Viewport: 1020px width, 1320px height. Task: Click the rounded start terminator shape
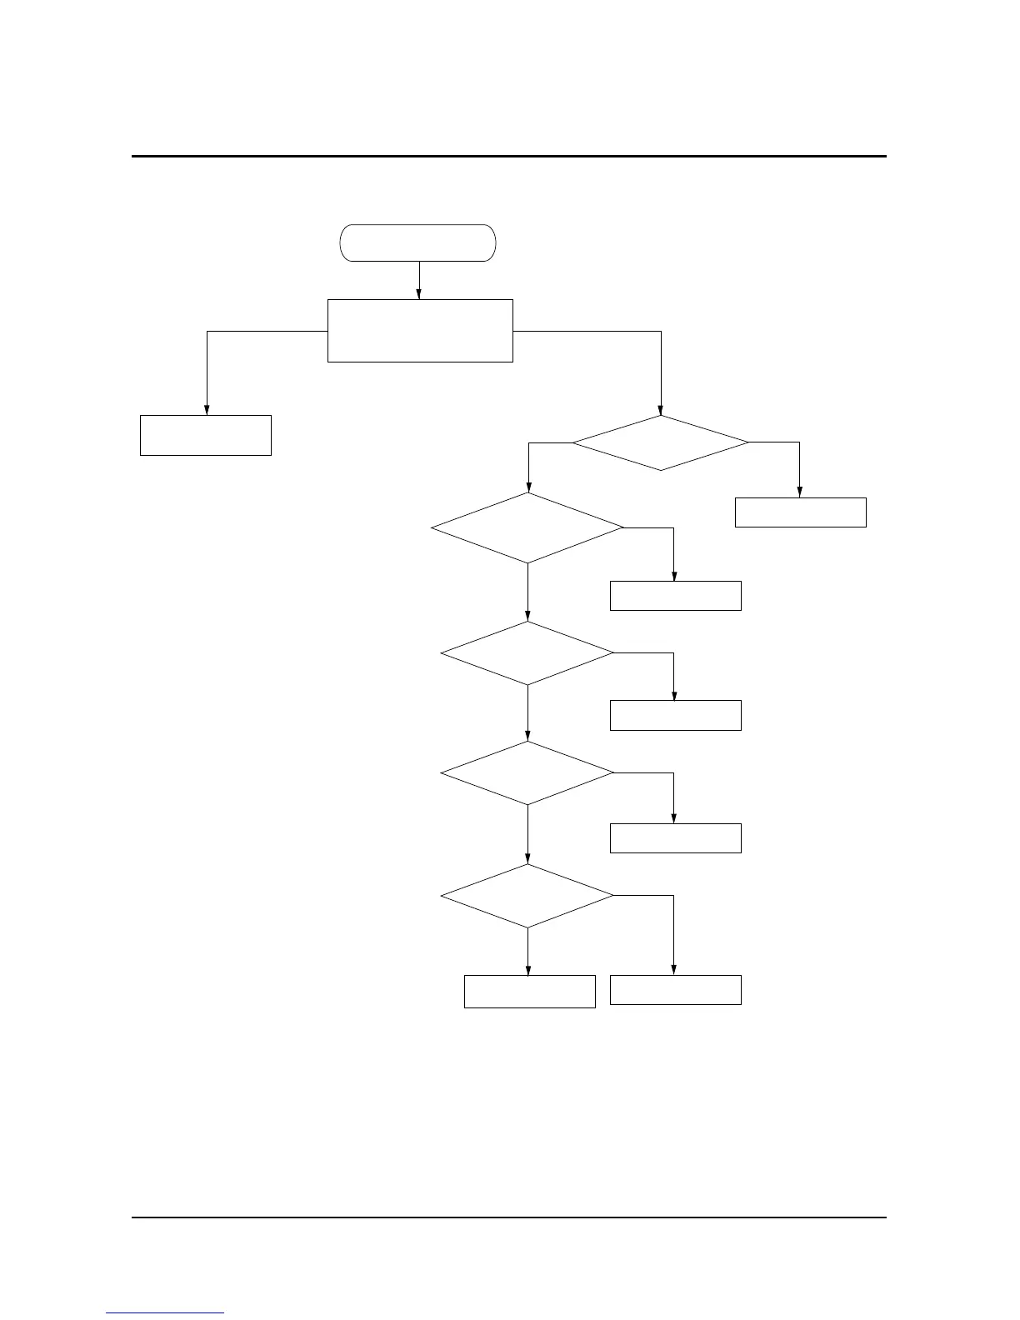click(x=417, y=242)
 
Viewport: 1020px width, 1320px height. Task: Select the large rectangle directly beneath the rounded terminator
click(x=420, y=330)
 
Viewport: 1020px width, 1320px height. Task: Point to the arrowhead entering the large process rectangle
click(x=418, y=293)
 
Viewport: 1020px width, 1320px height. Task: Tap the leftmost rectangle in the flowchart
click(x=205, y=435)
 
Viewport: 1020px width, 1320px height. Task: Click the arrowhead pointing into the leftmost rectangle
click(x=207, y=409)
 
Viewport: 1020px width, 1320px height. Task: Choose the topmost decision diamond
click(x=660, y=442)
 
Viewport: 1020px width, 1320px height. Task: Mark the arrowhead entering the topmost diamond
click(x=660, y=410)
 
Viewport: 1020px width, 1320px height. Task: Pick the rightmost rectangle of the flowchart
click(x=800, y=512)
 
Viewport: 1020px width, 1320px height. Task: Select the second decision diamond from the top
click(x=527, y=527)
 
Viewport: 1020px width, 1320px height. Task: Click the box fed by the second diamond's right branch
click(x=675, y=596)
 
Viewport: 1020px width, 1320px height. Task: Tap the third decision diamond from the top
click(x=527, y=653)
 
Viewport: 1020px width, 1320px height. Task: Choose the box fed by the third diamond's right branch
click(x=675, y=716)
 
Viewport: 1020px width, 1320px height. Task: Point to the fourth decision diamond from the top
click(x=527, y=773)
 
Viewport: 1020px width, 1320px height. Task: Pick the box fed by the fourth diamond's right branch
click(x=675, y=837)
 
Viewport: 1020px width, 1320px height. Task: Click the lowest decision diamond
click(x=527, y=896)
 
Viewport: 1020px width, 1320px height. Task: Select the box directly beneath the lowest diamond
click(x=529, y=991)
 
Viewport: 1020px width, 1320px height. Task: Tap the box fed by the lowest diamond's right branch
click(x=675, y=989)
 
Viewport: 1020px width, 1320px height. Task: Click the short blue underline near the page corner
click(x=165, y=1313)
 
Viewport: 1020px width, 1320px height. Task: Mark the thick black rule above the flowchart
click(x=508, y=156)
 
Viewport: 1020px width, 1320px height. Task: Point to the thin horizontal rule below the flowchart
click(x=508, y=1217)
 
